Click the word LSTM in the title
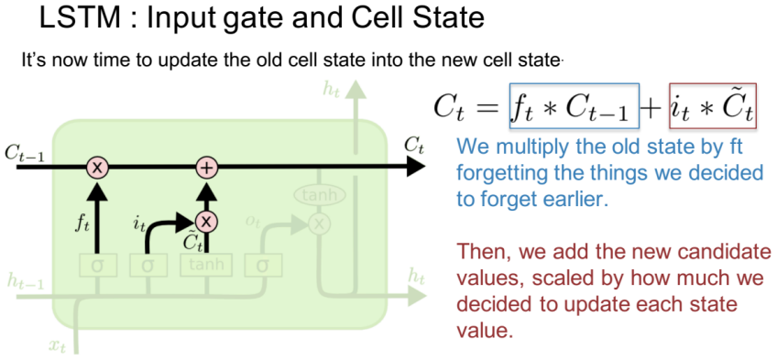tap(81, 19)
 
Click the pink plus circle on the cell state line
tap(207, 168)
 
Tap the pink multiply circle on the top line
tap(97, 168)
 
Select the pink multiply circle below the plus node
tap(207, 222)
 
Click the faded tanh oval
tap(320, 196)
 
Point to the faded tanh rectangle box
tap(205, 265)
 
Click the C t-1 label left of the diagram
tap(24, 153)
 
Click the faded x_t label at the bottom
tap(58, 346)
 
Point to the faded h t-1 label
tap(26, 281)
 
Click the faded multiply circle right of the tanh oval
tap(320, 224)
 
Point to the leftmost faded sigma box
tap(98, 266)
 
